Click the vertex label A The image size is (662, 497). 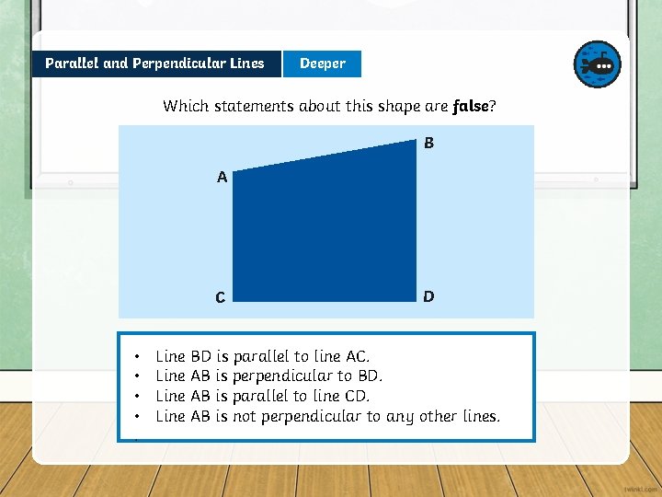pyautogui.click(x=222, y=178)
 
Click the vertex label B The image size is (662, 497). pyautogui.click(x=428, y=144)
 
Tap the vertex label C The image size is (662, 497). pyautogui.click(x=220, y=297)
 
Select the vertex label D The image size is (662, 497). pyautogui.click(x=428, y=296)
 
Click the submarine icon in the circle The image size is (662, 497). pyautogui.click(x=598, y=64)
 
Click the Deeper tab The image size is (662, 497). pyautogui.click(x=322, y=64)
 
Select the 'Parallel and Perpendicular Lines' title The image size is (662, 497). pyautogui.click(x=154, y=64)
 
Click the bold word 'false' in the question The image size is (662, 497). pyautogui.click(x=471, y=106)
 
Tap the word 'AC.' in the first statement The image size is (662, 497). pyautogui.click(x=358, y=356)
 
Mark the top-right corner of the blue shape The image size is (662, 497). pyautogui.click(x=417, y=140)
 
